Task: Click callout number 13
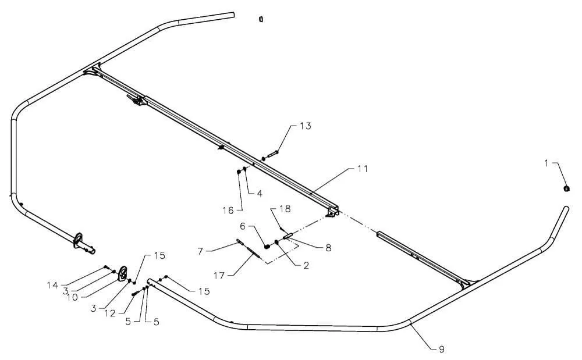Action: [306, 126]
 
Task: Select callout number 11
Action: [363, 169]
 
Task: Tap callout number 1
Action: [546, 163]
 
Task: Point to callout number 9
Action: [441, 349]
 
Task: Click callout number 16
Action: [228, 211]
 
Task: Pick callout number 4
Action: [260, 194]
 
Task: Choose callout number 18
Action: [285, 209]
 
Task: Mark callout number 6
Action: [243, 226]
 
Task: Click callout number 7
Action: [200, 251]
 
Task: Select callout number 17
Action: [219, 276]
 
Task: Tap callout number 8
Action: [328, 248]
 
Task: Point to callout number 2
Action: [306, 265]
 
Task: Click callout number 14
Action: [52, 285]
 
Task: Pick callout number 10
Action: [72, 297]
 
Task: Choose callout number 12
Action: [110, 313]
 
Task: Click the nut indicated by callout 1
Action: [566, 188]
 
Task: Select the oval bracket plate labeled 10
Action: [122, 273]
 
